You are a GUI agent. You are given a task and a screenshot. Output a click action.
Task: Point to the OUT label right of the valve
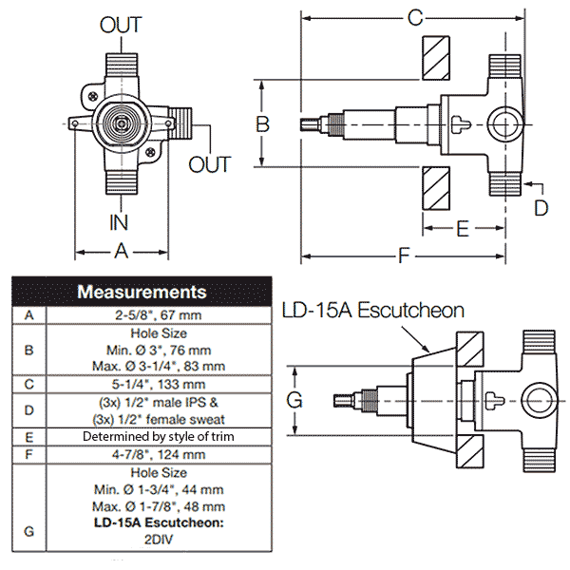point(209,164)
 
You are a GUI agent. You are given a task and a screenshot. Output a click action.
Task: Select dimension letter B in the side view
point(264,123)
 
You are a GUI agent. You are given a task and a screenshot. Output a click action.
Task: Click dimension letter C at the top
point(414,17)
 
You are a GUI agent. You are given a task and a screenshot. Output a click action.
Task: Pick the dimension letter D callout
point(541,205)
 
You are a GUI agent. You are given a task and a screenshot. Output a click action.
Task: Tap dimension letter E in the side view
point(463,228)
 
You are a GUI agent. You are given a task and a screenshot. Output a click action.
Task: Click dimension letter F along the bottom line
point(406,256)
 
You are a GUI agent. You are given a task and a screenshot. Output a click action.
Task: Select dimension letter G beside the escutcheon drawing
point(295,400)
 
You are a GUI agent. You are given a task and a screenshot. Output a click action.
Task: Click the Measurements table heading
point(142,292)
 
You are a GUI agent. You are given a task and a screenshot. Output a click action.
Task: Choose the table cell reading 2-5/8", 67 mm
point(161,314)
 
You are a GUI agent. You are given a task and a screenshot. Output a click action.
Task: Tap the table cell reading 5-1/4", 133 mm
point(161,385)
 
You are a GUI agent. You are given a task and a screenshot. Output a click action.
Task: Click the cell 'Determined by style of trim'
point(161,436)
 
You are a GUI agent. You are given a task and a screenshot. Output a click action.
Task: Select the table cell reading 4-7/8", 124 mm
point(161,454)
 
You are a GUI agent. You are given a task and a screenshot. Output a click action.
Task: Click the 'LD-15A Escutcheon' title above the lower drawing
point(372,311)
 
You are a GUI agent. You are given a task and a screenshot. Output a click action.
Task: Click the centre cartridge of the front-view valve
point(122,123)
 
